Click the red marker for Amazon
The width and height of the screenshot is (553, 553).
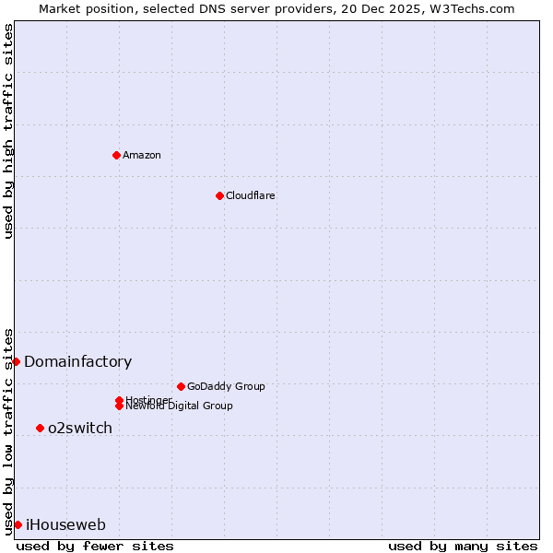point(116,155)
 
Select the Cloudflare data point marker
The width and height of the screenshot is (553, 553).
point(219,195)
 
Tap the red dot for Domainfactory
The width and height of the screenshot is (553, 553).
point(16,361)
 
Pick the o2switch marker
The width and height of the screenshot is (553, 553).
point(40,428)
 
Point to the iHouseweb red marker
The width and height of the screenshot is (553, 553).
point(18,524)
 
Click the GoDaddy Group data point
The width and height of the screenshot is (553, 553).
point(181,386)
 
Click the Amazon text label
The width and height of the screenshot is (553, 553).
point(142,155)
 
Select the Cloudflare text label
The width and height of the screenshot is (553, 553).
point(251,195)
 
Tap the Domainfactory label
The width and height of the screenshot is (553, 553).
point(78,362)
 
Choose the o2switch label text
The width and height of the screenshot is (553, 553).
point(80,429)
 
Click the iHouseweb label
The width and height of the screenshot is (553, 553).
point(65,525)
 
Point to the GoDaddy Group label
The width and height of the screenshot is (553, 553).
point(226,386)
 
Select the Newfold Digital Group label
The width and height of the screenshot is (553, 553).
point(180,406)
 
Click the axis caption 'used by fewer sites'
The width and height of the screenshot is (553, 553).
point(95,546)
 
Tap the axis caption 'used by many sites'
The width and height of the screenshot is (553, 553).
point(463,546)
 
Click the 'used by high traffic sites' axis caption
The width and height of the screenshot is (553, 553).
point(8,131)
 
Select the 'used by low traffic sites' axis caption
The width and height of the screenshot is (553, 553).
point(8,430)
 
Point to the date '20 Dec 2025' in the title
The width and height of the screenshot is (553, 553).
point(386,8)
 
